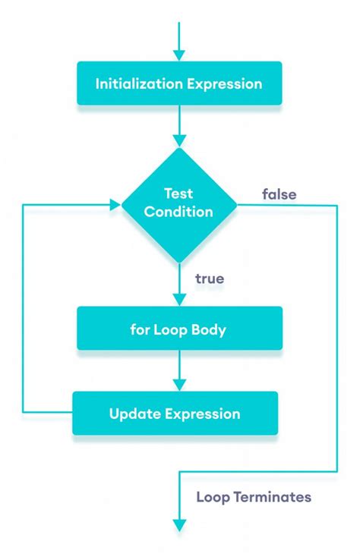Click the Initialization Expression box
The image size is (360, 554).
179,83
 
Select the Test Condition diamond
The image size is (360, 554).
179,203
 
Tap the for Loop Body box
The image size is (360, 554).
179,330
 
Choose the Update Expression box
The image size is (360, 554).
175,414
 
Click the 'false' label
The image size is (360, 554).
279,194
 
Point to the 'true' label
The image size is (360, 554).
209,279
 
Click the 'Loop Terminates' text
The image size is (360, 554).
254,498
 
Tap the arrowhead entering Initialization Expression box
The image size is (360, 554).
179,55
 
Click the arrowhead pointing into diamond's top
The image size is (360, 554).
179,140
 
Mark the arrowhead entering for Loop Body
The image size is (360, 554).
179,300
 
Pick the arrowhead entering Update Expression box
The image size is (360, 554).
179,385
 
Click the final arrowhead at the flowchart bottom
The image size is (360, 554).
179,524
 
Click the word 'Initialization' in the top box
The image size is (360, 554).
137,83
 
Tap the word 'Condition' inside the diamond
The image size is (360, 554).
179,212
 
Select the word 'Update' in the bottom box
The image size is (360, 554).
133,414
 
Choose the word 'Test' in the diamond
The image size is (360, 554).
179,194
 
